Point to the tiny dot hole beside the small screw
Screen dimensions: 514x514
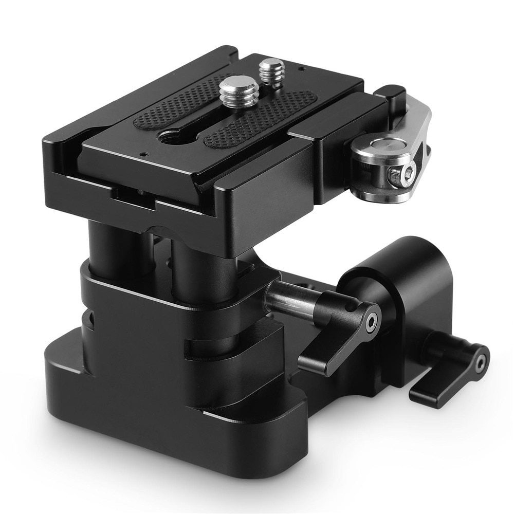pos(301,68)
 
